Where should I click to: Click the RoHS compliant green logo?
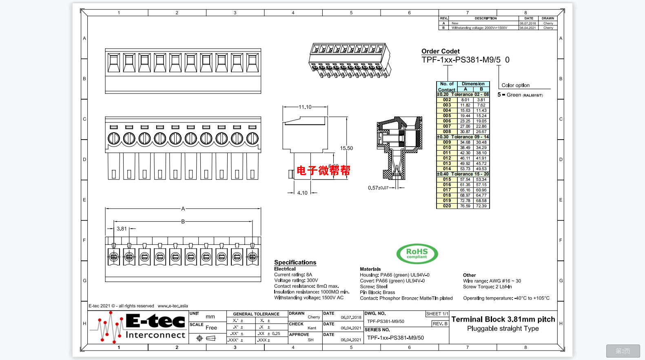(417, 254)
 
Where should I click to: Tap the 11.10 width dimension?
(305, 107)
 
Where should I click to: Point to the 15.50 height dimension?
(346, 148)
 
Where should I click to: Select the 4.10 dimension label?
(302, 193)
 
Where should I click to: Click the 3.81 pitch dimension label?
(122, 229)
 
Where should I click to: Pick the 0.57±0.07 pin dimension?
(378, 188)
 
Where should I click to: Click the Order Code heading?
(440, 51)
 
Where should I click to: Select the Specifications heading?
(295, 262)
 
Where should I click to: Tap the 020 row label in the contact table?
(447, 206)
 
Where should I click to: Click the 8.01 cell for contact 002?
(465, 100)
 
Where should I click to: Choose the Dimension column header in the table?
(473, 84)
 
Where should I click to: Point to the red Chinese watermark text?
(323, 170)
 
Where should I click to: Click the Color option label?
(515, 85)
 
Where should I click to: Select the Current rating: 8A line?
(293, 275)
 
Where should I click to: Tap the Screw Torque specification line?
(487, 287)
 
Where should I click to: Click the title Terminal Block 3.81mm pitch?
(503, 319)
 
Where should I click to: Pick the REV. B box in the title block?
(440, 324)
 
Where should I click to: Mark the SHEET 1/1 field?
(437, 314)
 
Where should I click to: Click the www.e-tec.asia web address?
(173, 306)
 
